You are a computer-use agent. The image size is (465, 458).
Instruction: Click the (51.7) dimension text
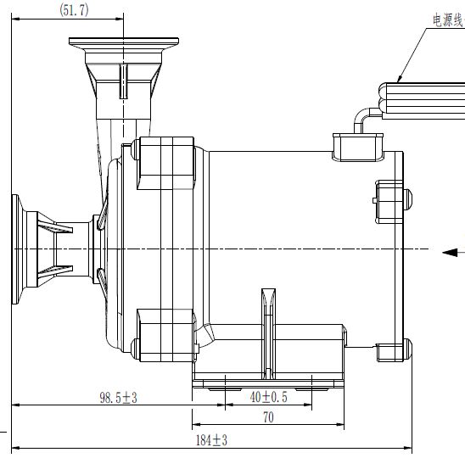click(x=74, y=10)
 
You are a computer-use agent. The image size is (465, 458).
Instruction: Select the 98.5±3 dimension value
click(x=118, y=398)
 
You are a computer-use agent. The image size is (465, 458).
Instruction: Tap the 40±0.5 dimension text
click(x=269, y=397)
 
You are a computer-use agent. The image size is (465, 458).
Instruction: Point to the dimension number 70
click(x=268, y=417)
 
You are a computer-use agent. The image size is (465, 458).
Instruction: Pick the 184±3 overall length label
click(x=211, y=440)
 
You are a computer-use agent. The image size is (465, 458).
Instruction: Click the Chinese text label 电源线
click(x=448, y=20)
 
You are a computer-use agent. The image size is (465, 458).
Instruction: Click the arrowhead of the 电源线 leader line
click(x=400, y=79)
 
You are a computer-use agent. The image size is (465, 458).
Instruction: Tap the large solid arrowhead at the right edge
click(x=450, y=253)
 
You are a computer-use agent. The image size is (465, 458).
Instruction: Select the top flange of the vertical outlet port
click(x=124, y=42)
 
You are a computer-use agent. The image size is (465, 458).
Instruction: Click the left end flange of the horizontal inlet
click(x=15, y=249)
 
